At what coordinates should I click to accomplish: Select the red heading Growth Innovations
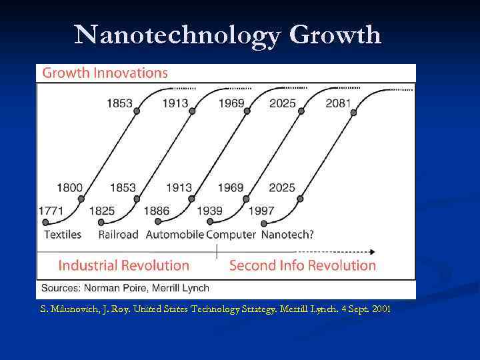tap(105, 73)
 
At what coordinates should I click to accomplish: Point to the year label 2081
tap(339, 104)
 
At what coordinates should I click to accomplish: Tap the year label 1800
tap(69, 188)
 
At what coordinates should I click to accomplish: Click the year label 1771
tap(51, 211)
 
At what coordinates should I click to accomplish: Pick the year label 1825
tap(101, 211)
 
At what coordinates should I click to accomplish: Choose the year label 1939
tap(209, 211)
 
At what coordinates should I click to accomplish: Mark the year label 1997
tap(261, 211)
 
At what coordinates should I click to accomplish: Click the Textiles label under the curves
tap(62, 234)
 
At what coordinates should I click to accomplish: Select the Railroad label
tap(118, 234)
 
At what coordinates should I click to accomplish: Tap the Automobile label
tap(175, 234)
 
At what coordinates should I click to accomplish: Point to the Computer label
tap(231, 234)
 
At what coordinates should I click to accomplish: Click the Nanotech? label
tap(287, 234)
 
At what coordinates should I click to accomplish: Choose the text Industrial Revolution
tap(124, 265)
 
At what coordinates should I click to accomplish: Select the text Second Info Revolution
tap(303, 265)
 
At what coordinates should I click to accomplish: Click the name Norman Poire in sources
tap(119, 288)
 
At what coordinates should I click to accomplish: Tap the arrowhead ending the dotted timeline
tap(371, 252)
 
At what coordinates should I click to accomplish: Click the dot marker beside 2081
tap(353, 113)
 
